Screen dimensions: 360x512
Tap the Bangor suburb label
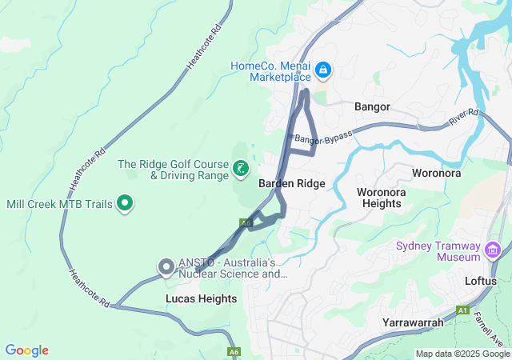(372, 106)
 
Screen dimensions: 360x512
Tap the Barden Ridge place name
(292, 183)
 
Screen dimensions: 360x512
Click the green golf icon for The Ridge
(239, 169)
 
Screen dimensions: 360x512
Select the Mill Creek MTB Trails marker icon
(125, 204)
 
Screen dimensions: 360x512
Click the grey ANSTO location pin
(166, 266)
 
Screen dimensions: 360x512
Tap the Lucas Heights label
(201, 298)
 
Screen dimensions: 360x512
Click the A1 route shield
(462, 310)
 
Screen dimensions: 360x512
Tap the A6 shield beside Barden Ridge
(246, 222)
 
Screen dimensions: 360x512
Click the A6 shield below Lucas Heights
(234, 351)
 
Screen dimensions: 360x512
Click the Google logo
(27, 350)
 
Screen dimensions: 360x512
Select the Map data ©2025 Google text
(462, 354)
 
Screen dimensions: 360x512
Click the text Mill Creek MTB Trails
(60, 204)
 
